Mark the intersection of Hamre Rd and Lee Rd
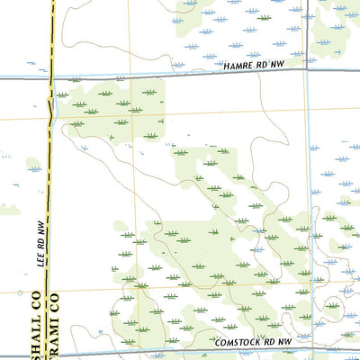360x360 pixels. pyautogui.click(x=50, y=78)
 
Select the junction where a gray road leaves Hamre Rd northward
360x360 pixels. pyautogui.click(x=307, y=76)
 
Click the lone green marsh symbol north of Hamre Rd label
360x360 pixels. pyautogui.click(x=264, y=16)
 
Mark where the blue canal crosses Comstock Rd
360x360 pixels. pyautogui.click(x=309, y=352)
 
